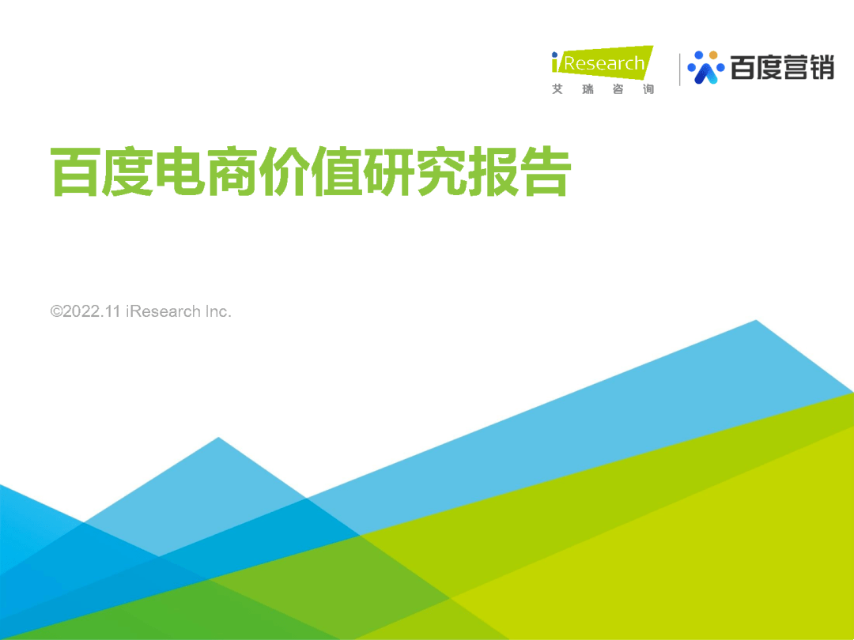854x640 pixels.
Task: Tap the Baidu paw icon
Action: pyautogui.click(x=705, y=68)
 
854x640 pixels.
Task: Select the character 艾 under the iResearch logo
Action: pyautogui.click(x=557, y=89)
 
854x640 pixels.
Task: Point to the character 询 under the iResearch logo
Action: pyautogui.click(x=648, y=89)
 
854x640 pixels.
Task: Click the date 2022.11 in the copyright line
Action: pyautogui.click(x=92, y=311)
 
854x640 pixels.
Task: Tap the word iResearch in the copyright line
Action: pyautogui.click(x=163, y=311)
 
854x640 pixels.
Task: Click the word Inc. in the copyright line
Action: pyautogui.click(x=218, y=311)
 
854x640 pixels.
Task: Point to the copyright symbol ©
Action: pyautogui.click(x=56, y=311)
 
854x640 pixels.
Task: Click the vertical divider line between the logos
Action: pyautogui.click(x=680, y=70)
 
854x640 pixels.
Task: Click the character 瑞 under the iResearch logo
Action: pyautogui.click(x=588, y=89)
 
